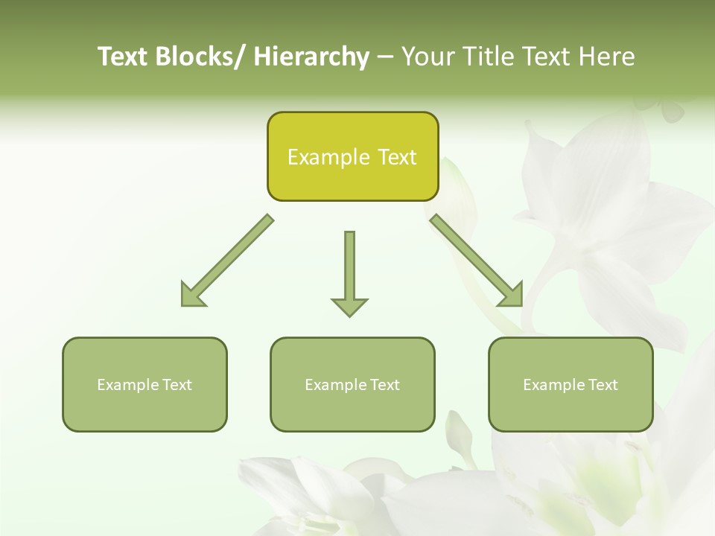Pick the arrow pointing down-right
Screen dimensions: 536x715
coord(477,261)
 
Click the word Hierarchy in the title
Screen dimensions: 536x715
coord(311,57)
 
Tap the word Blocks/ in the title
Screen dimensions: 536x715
coord(201,57)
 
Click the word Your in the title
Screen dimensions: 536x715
coord(428,57)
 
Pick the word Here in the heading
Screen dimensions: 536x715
coord(608,57)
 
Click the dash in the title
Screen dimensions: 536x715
coord(385,57)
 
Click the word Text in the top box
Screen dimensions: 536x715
coord(397,157)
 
